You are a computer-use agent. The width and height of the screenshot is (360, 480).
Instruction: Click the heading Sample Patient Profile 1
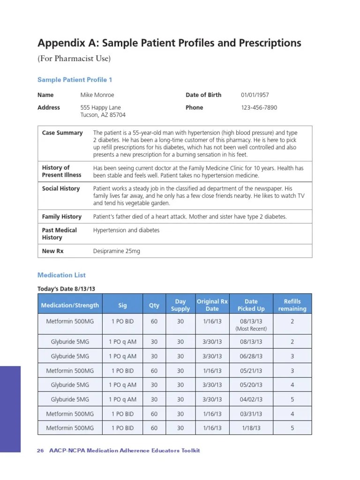coord(75,80)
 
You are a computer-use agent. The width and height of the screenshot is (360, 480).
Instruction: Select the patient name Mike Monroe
coord(97,95)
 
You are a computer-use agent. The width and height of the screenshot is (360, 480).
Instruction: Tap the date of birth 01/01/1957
coord(255,95)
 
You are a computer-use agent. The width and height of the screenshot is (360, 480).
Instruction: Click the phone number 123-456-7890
coord(259,107)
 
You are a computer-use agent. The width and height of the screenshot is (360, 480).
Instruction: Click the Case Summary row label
coord(62,133)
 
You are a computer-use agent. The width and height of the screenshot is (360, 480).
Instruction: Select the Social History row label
coord(61,188)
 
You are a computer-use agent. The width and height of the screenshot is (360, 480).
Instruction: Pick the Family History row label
coord(62,217)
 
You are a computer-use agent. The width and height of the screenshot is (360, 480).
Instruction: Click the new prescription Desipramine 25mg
coord(116,251)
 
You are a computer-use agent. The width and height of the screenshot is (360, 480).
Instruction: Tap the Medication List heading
coord(61,275)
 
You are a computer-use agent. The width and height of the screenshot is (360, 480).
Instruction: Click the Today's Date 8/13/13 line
coord(69,289)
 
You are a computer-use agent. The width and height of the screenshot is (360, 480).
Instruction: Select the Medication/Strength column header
coord(70,305)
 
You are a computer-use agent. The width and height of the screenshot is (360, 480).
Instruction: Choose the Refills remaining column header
coord(292,305)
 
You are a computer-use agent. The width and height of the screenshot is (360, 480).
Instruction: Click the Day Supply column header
coord(180,305)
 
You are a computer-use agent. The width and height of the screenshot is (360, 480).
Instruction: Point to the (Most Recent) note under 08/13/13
coord(251,329)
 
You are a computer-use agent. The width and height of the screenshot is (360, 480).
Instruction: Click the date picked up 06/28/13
coord(251,356)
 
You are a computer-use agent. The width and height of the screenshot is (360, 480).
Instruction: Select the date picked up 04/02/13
coord(251,399)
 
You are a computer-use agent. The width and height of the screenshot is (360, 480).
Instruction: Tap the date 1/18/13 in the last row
coord(251,428)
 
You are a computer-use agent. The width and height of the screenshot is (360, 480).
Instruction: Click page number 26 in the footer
coord(40,450)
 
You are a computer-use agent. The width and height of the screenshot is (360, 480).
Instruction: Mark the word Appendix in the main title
coord(60,44)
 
